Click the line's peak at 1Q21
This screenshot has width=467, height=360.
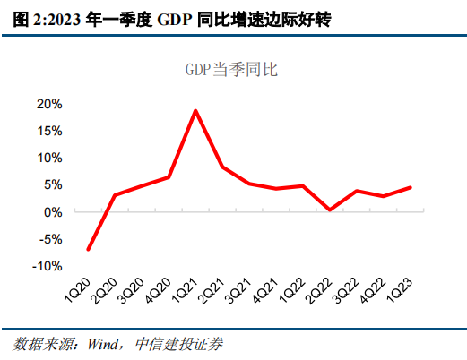pyautogui.click(x=195, y=110)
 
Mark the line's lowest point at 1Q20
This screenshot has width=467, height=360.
pyautogui.click(x=88, y=249)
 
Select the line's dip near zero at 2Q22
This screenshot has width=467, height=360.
pyautogui.click(x=330, y=210)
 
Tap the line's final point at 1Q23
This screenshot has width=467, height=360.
pyautogui.click(x=411, y=187)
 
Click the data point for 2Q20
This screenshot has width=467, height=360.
pyautogui.click(x=115, y=195)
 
